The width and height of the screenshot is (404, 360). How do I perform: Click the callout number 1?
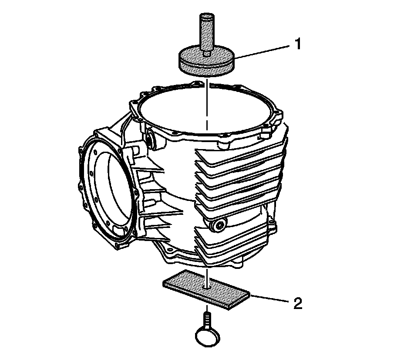tap(297, 44)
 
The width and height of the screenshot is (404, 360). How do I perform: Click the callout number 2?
tap(297, 303)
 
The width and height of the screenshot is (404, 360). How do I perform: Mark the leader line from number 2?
tap(270, 299)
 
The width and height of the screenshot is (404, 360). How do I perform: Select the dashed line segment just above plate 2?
tap(208, 275)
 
